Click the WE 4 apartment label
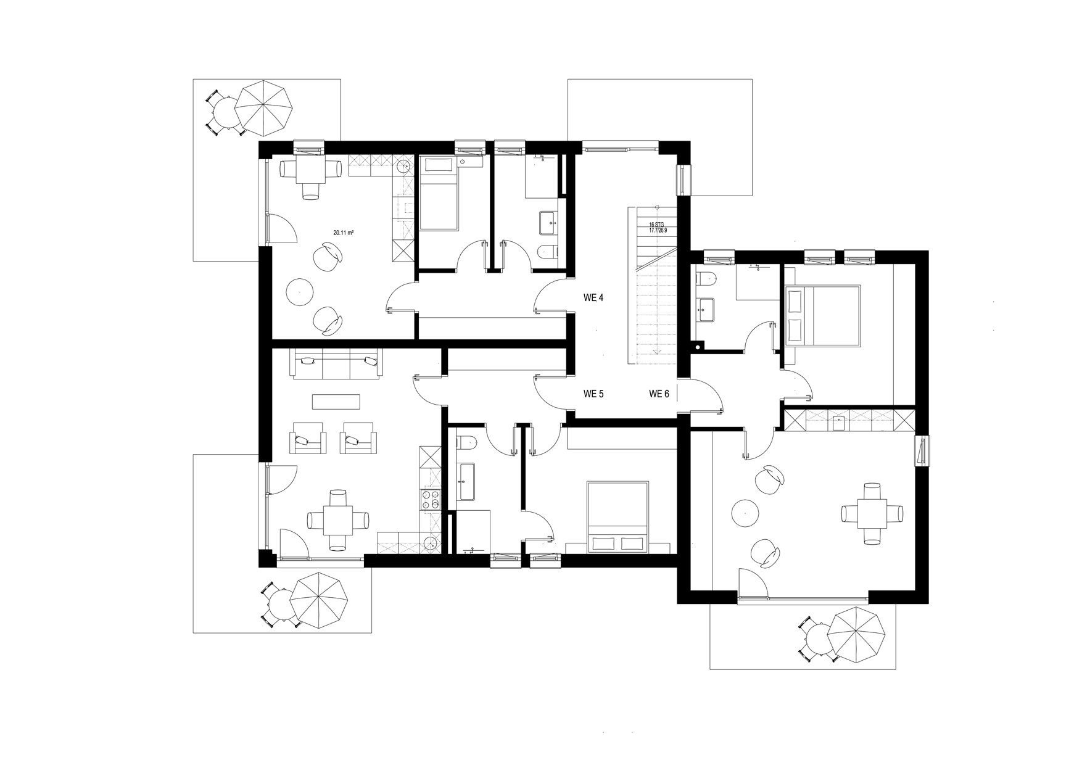coord(593,298)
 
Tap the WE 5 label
coord(593,394)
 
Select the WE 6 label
coord(659,394)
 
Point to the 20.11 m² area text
coord(343,233)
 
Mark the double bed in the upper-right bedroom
coord(824,315)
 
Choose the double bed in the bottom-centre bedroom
coord(617,516)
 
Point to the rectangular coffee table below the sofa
coord(336,402)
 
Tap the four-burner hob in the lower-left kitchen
coord(429,501)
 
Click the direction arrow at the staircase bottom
coord(658,352)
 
